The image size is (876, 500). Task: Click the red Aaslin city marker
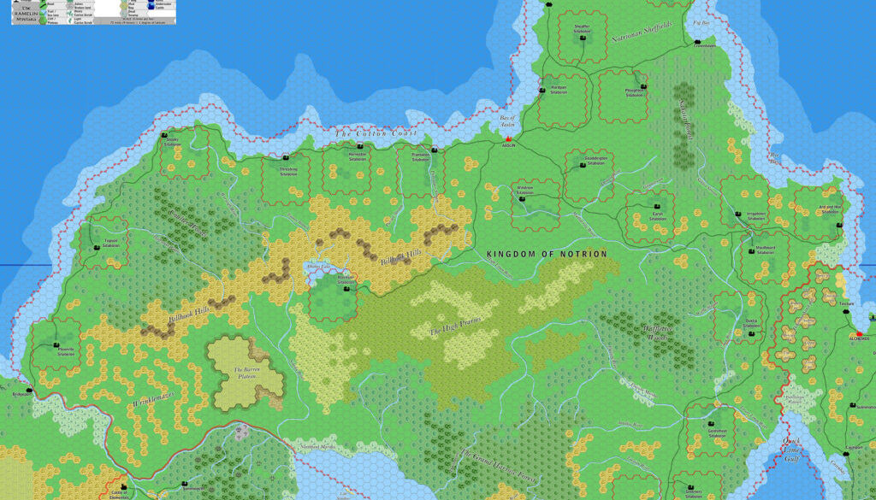[507, 138]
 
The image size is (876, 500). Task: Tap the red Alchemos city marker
[860, 332]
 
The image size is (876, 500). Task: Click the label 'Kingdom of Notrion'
[547, 254]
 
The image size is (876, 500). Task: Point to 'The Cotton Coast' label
[376, 133]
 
